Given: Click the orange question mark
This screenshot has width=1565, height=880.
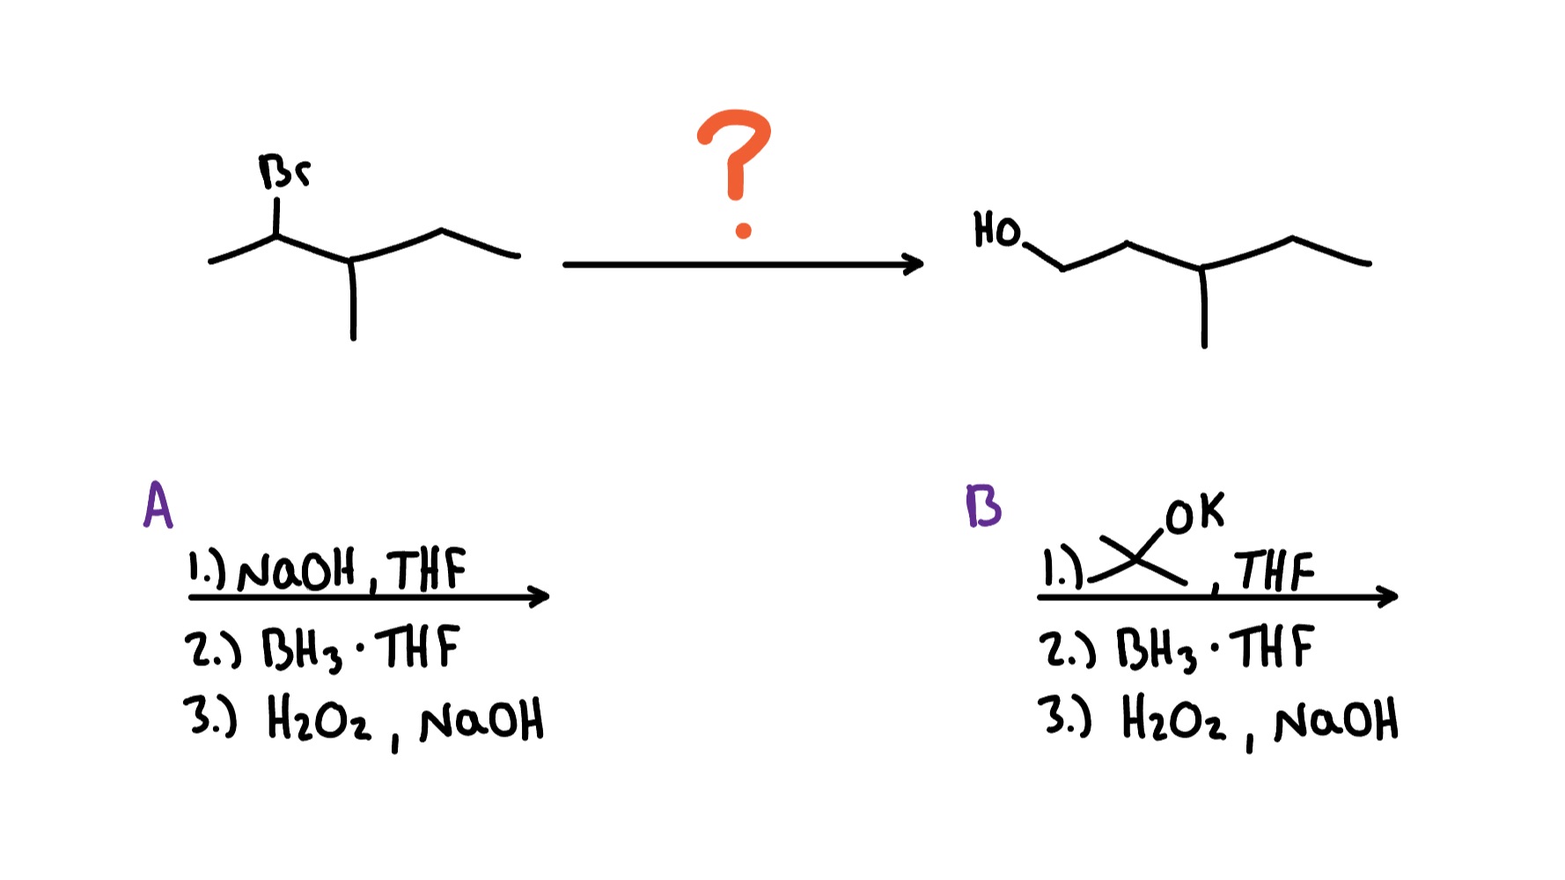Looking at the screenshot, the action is tap(736, 172).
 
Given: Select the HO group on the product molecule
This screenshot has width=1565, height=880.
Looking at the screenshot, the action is tap(996, 230).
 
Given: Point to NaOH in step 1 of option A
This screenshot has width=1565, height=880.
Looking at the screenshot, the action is tap(296, 572).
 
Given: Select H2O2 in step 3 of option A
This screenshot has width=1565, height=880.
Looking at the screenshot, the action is tap(319, 722).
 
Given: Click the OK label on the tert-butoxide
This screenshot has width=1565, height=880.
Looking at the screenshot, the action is tap(1194, 514).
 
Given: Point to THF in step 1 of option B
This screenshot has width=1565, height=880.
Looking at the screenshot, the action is tap(1274, 570).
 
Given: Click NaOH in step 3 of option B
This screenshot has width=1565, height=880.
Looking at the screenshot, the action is tap(1335, 722).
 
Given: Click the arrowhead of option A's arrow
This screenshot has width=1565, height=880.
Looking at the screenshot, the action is tap(540, 597).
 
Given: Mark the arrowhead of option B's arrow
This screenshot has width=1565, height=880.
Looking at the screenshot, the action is tap(1388, 597).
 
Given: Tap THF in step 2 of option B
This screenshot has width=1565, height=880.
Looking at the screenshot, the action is tap(1274, 648).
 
